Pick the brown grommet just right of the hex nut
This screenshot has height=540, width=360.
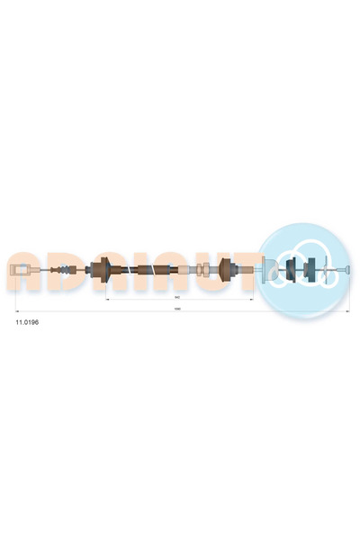pyautogui.click(x=225, y=268)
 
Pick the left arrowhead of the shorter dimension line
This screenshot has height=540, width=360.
pyautogui.click(x=108, y=296)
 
